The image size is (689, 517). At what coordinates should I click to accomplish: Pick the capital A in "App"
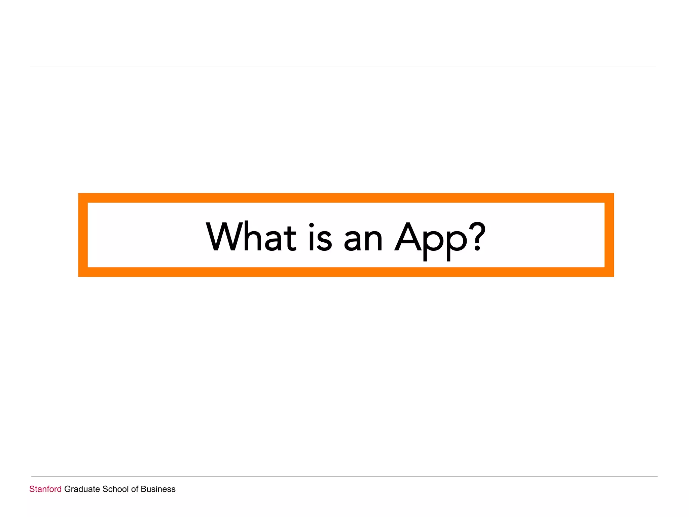coord(408,237)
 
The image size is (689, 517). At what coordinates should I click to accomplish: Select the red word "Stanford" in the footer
coord(45,489)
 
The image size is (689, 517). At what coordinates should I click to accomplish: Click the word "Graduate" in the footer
coord(82,489)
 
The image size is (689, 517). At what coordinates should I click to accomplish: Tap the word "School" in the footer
coord(115,489)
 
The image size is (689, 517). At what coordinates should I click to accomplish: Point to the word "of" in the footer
coord(135,489)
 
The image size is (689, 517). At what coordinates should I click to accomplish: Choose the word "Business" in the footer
coord(158,489)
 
